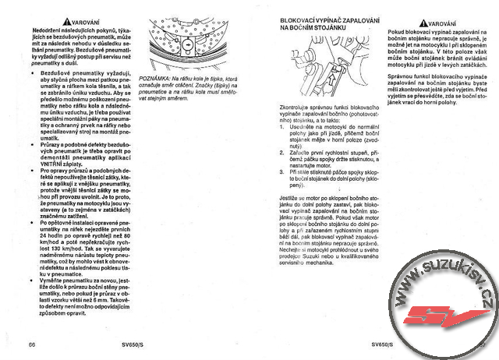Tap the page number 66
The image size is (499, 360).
[x=32, y=344]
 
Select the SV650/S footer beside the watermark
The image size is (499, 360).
[x=384, y=344]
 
